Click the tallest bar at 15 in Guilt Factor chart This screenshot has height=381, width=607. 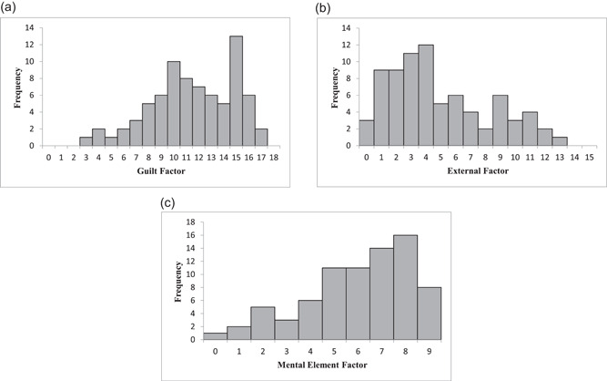click(x=236, y=91)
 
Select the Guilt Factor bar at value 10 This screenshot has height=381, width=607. click(x=174, y=104)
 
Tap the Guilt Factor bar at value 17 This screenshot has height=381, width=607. click(x=261, y=138)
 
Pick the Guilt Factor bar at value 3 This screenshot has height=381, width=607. click(x=86, y=142)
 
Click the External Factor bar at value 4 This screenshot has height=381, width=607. click(x=426, y=96)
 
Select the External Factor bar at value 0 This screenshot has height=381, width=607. click(x=366, y=133)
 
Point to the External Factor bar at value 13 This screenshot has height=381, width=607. click(x=560, y=142)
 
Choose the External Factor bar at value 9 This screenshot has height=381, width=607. click(x=501, y=120)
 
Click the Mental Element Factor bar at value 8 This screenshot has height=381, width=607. click(x=405, y=287)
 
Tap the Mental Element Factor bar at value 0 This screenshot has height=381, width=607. click(x=215, y=336)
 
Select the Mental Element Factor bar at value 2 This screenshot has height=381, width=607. click(x=262, y=324)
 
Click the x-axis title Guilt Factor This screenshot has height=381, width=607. click(x=161, y=171)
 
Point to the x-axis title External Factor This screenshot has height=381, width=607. click(x=478, y=171)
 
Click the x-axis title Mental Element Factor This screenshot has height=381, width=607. click(x=322, y=365)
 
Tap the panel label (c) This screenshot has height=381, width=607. click(x=167, y=202)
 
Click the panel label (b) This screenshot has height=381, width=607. click(x=323, y=8)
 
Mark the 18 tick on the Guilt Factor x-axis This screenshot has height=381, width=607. click(x=274, y=158)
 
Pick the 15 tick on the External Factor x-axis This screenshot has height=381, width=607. click(x=589, y=158)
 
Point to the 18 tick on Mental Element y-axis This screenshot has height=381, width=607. click(x=190, y=222)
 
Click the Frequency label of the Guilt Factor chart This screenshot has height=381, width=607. click(x=17, y=88)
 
